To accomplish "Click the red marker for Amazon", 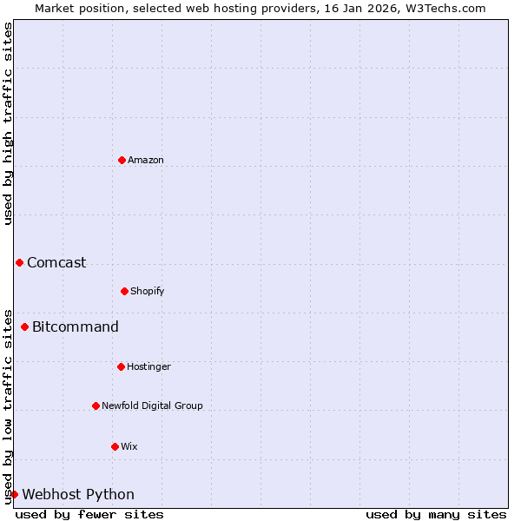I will [x=122, y=160].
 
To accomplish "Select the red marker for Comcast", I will [x=19, y=262].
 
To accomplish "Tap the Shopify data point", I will [x=124, y=291].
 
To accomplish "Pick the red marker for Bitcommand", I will [x=24, y=326].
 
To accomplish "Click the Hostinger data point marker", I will [x=121, y=366].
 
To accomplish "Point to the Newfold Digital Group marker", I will [x=96, y=406].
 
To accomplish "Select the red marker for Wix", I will [x=115, y=446].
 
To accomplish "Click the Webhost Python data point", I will [x=14, y=494].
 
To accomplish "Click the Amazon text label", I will [x=146, y=160].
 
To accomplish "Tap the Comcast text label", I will [x=56, y=262].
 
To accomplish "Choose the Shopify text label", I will [x=148, y=291].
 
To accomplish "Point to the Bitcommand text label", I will [x=76, y=326].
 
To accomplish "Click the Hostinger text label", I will [x=148, y=366].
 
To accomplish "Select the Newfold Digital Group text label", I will [x=152, y=406].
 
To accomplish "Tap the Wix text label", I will [x=129, y=446].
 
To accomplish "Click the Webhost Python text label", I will [x=78, y=494].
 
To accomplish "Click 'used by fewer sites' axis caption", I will [x=89, y=514].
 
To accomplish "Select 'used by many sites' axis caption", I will [x=436, y=514].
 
